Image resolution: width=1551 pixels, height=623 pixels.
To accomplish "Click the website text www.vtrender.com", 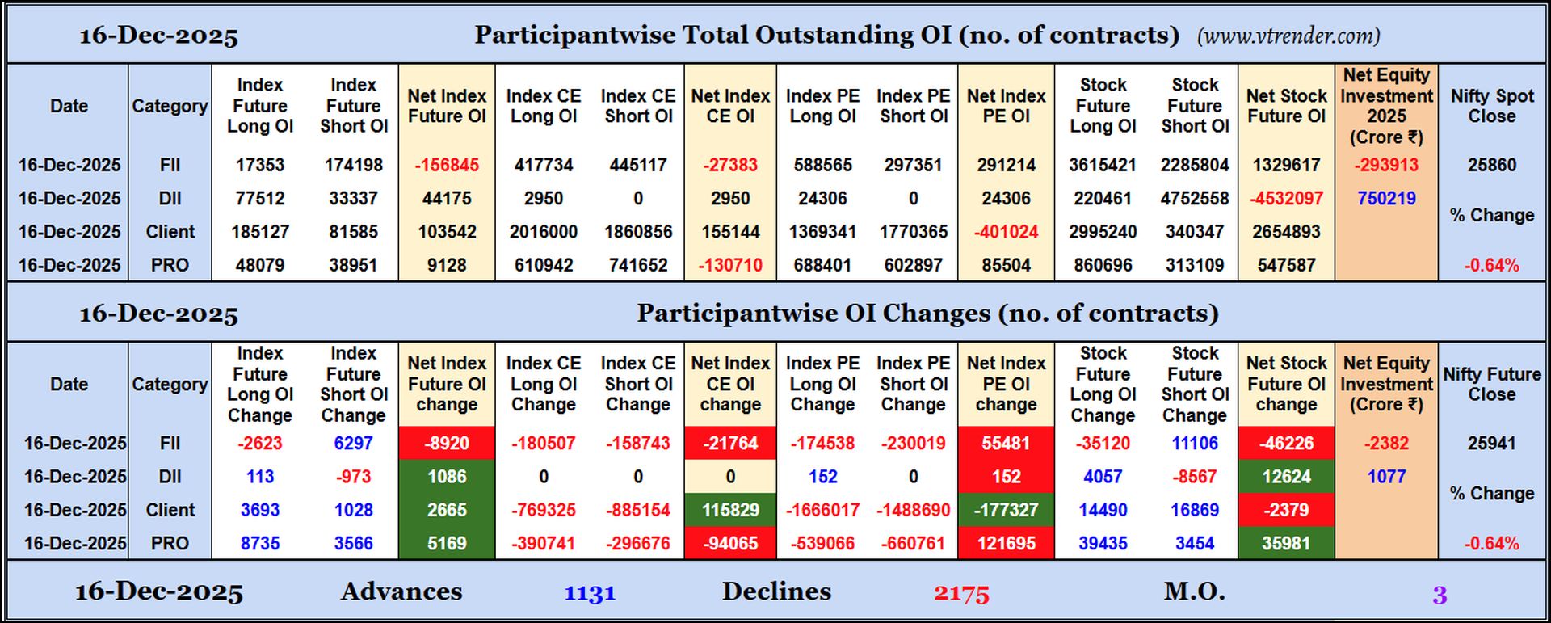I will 1288,36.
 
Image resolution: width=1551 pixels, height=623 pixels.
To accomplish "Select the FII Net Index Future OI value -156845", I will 447,165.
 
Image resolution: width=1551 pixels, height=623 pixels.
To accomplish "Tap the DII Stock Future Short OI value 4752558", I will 1195,199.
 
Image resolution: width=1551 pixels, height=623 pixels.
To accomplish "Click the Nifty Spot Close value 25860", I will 1491,165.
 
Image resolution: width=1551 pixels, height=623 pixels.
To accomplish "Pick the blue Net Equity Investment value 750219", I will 1386,199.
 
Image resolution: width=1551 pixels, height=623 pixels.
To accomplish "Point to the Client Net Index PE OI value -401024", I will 1006,232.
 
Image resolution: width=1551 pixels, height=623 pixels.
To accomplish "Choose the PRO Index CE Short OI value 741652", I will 638,265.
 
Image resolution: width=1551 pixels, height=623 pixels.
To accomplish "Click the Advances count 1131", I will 590,594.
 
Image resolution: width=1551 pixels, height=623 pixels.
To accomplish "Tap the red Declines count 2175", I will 961,594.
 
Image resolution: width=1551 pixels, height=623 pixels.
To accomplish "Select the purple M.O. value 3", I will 1440,596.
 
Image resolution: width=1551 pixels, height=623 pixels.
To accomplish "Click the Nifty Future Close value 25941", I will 1491,444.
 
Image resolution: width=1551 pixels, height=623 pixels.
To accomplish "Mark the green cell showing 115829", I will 730,511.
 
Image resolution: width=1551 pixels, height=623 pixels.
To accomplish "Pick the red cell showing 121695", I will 1006,544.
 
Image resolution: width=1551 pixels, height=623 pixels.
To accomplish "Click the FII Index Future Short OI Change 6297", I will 353,444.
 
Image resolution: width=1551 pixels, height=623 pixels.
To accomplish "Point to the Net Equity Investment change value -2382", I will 1386,444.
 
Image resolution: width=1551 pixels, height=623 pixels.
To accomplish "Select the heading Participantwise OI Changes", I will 927,314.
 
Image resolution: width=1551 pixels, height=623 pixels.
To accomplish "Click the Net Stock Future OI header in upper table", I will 1286,106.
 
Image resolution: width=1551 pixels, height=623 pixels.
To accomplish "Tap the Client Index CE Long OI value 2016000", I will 543,232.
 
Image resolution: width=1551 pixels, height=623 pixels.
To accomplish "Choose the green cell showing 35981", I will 1286,544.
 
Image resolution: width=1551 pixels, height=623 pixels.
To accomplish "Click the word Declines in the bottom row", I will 776,591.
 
